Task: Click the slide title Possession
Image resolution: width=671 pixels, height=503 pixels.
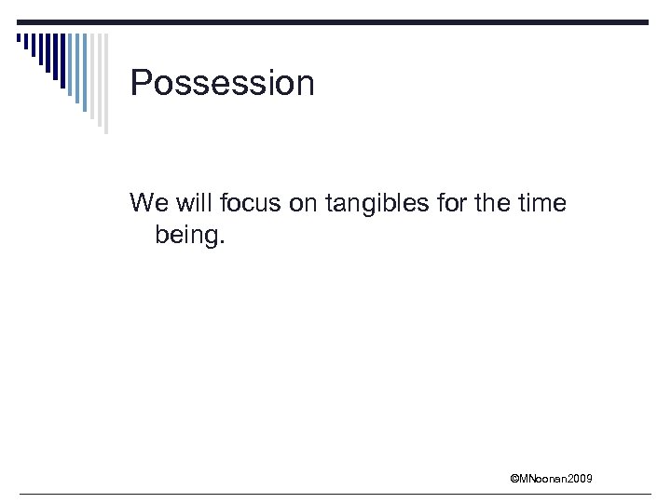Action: [x=223, y=84]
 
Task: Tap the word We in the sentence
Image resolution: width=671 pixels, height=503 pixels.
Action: [x=146, y=202]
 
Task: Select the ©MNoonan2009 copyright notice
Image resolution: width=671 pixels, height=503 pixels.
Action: [x=551, y=479]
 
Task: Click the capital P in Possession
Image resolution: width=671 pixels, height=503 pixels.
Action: [x=141, y=84]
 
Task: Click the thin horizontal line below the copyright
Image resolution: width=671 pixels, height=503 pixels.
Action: [x=335, y=494]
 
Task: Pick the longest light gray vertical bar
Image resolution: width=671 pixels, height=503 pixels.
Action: [x=105, y=84]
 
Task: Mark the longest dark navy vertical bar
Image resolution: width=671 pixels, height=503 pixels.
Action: [x=63, y=61]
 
